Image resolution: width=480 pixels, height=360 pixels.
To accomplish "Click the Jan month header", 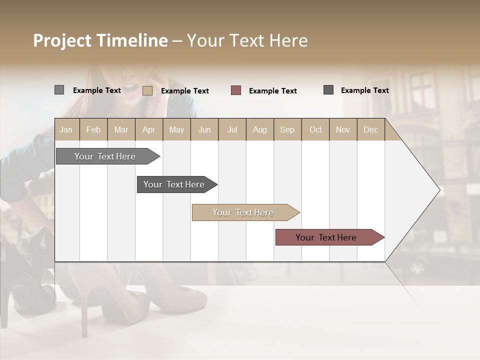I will point(66,129).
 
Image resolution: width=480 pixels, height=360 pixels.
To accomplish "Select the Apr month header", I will point(148,129).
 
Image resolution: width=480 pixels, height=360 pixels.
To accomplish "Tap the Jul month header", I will point(232,129).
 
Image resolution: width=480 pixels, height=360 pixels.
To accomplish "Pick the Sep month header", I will point(287,129).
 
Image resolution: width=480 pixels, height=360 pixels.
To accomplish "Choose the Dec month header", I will point(370,129).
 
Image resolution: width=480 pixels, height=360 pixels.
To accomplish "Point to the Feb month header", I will point(93,129).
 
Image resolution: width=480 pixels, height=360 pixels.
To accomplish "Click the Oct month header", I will point(315,129).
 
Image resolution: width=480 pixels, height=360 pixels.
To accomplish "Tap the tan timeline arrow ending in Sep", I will point(243,212).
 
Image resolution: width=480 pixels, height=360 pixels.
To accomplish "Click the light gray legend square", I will point(59,90).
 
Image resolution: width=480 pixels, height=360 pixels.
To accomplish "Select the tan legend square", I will point(147,90).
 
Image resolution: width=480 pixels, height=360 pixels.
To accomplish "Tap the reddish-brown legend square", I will point(236,90).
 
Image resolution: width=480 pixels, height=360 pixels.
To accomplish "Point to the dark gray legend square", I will point(328,90).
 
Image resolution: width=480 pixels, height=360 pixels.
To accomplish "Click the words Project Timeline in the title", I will point(100,40).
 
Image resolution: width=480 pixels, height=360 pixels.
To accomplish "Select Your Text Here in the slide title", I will point(247,40).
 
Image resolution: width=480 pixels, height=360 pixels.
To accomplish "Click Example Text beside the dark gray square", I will point(364,90).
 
